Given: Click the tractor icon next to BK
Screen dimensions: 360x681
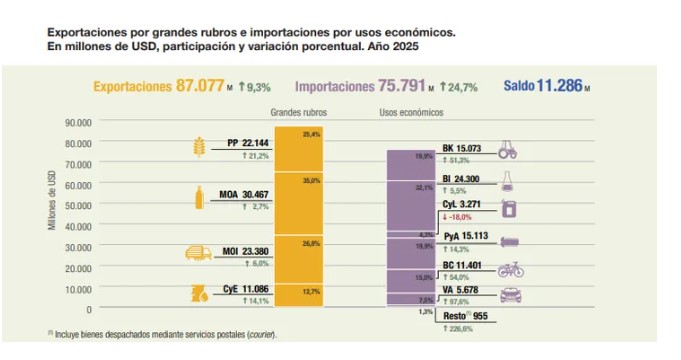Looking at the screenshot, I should [x=509, y=150].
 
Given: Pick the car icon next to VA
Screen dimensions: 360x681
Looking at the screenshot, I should [x=509, y=296].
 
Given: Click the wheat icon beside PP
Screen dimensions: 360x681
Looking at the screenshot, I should [x=197, y=149].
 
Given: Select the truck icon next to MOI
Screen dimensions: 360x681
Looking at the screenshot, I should [x=198, y=255].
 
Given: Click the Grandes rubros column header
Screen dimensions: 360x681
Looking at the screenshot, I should [x=298, y=112].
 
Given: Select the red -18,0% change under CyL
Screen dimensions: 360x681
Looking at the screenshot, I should [x=459, y=216].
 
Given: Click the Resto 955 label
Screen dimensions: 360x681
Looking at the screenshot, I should [x=468, y=314].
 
